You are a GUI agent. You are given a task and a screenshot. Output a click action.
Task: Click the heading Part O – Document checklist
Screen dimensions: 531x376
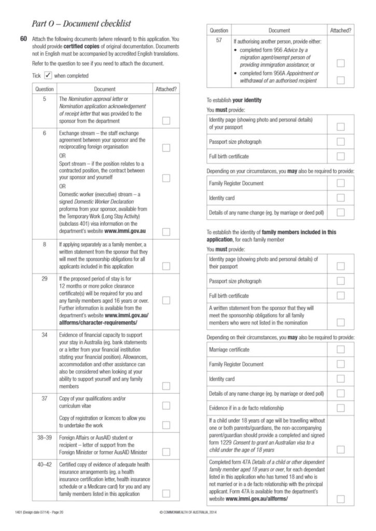81,23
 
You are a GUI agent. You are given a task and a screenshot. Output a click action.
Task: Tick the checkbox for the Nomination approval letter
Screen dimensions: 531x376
166,121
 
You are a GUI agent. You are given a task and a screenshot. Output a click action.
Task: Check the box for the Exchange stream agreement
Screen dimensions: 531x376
166,148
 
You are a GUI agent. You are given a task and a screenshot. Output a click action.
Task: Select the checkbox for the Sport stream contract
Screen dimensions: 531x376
166,178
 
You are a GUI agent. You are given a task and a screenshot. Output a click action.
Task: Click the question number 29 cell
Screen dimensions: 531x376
45,279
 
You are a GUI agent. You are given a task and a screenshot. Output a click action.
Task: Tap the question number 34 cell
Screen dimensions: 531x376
45,335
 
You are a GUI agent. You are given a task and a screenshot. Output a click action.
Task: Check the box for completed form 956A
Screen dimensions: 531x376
341,80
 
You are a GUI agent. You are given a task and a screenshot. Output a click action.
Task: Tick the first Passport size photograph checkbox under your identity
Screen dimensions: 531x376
341,142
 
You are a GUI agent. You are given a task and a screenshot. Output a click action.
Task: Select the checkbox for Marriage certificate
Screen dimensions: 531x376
341,350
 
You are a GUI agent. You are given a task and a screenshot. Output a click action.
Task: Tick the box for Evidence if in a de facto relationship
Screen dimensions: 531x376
341,408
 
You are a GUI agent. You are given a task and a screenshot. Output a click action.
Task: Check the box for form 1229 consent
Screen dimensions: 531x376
341,449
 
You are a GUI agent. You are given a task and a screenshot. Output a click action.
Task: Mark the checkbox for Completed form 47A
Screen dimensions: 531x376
341,499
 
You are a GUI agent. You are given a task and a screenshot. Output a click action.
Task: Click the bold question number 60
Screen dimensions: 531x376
23,39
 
